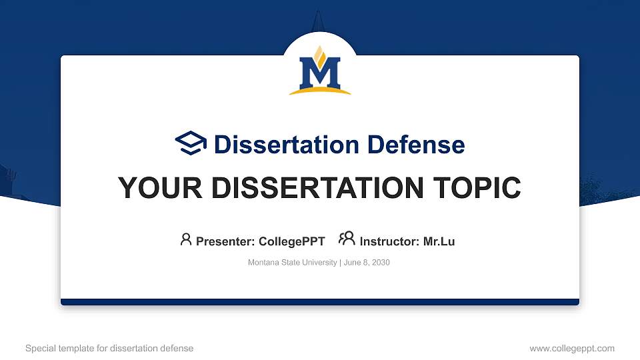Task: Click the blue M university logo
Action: tap(320, 72)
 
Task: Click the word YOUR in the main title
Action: tap(154, 188)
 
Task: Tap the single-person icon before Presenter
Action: tap(186, 239)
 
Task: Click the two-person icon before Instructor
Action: tap(347, 239)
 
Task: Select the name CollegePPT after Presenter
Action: tap(291, 241)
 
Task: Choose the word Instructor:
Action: tap(389, 241)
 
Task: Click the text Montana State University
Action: tap(292, 263)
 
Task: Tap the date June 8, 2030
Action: tap(367, 263)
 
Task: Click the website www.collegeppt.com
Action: tap(572, 348)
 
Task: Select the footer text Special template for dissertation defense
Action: tap(109, 348)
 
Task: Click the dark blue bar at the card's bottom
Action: tap(320, 302)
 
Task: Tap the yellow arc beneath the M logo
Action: tap(320, 91)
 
